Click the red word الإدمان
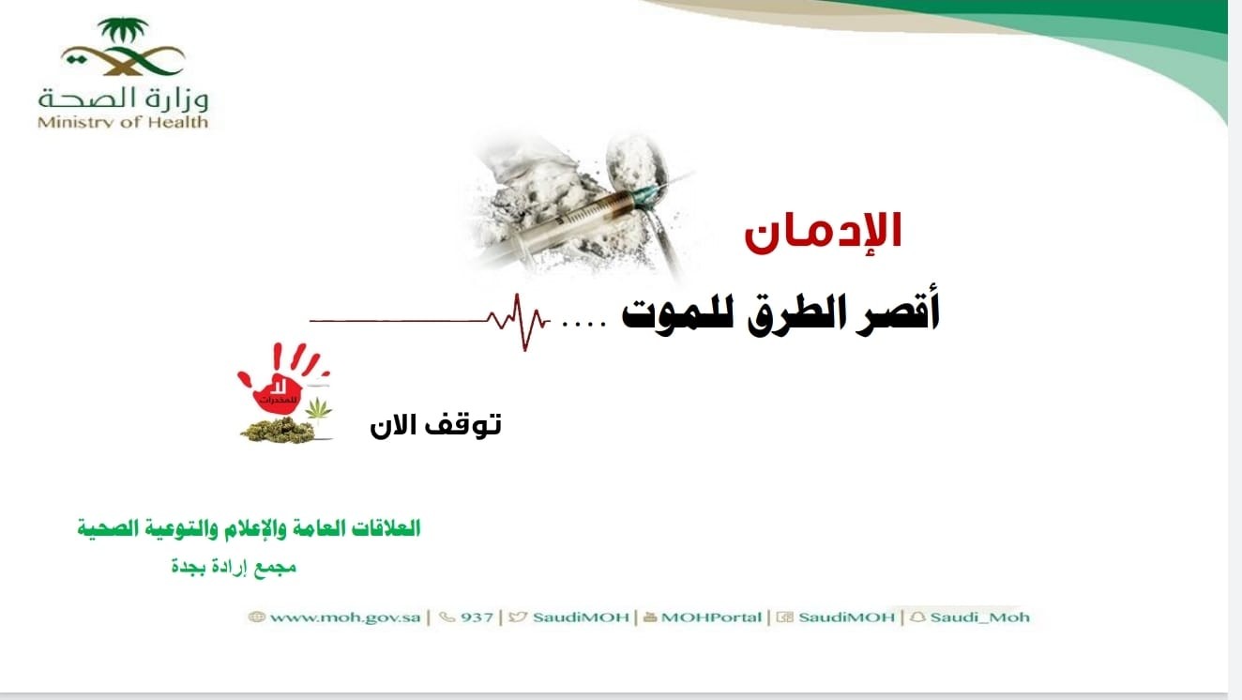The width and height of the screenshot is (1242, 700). coord(823,233)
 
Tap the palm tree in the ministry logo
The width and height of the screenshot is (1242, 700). coord(123,30)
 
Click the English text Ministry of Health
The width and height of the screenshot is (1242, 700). coord(123,122)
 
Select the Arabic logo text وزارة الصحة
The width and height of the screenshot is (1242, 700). coord(123,99)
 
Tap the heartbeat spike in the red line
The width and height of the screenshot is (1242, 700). coord(519,322)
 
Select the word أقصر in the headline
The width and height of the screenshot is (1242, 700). coord(899,312)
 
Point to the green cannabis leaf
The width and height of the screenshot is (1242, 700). coord(318,409)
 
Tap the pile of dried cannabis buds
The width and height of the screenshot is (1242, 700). coord(279,431)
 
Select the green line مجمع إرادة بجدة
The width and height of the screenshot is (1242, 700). coord(234,568)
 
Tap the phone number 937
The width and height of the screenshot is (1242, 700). coord(477,617)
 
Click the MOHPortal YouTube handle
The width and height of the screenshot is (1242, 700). coord(711,617)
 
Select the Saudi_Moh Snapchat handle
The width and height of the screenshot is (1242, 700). coord(979,617)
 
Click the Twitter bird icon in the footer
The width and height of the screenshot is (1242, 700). coord(517,616)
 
